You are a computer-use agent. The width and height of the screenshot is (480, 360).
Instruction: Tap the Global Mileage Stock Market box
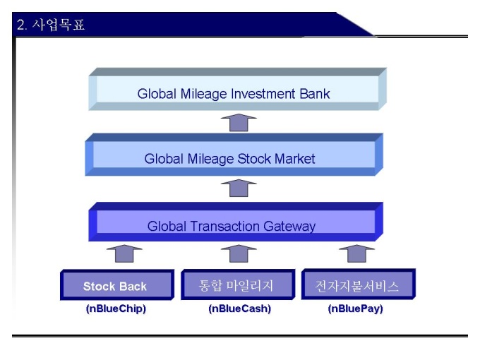tap(230, 158)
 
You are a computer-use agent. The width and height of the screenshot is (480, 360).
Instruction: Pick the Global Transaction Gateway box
tap(232, 226)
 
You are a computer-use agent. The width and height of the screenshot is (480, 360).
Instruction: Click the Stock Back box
tap(115, 286)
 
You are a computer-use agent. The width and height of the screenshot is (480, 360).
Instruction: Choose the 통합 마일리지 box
tap(236, 286)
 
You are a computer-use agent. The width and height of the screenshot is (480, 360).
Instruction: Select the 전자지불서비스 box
tap(356, 286)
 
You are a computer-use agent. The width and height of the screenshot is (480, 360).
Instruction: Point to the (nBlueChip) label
tap(115, 308)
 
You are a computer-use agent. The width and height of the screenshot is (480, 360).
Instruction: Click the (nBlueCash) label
tap(239, 308)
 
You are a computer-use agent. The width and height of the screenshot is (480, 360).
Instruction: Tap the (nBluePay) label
tap(356, 308)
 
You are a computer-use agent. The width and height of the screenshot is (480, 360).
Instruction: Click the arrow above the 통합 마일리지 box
tap(239, 253)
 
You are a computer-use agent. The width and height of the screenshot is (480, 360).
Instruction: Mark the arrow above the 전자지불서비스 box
tap(357, 253)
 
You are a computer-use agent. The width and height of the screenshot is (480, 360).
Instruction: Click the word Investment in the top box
tap(260, 93)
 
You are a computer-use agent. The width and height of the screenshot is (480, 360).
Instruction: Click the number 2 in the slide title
tap(21, 26)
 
